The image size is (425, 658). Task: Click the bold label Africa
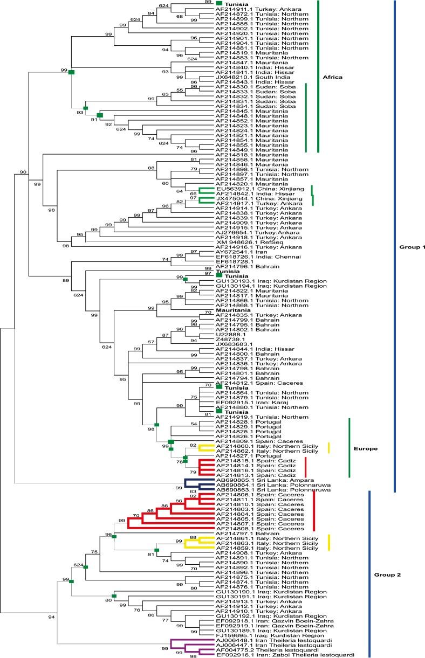click(x=335, y=77)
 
